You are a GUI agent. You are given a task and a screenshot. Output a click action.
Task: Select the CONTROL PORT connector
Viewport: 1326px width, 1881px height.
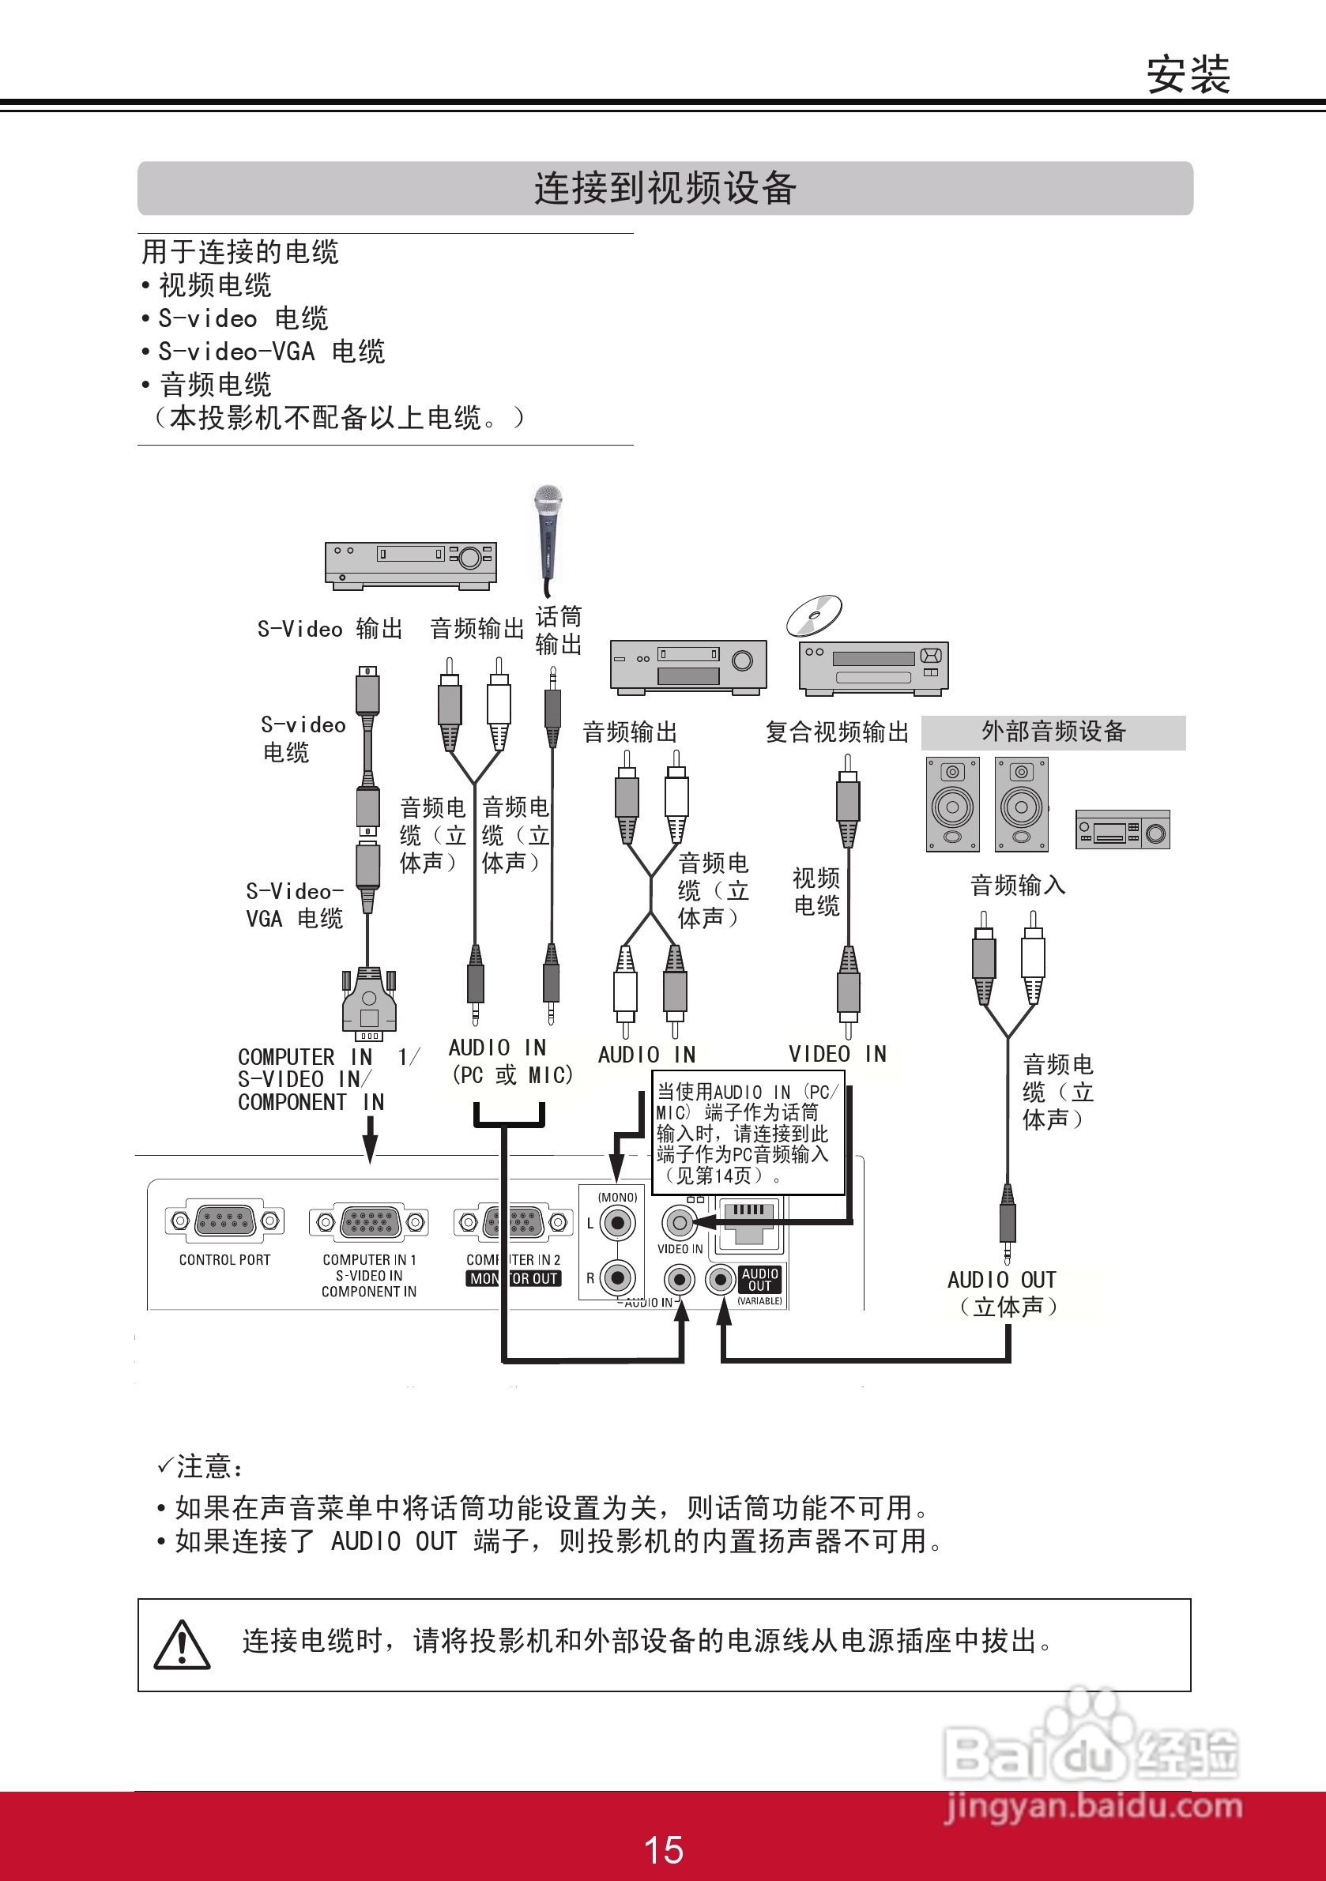coord(224,1221)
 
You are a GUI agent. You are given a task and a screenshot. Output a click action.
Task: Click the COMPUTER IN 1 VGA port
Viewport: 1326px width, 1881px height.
coord(369,1222)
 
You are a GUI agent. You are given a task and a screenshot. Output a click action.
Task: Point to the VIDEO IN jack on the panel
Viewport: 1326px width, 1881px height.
coord(679,1223)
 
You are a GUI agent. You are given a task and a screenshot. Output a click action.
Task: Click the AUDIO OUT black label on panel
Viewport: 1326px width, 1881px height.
coord(759,1279)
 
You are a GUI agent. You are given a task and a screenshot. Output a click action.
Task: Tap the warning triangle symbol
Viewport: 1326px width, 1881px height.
coord(182,1644)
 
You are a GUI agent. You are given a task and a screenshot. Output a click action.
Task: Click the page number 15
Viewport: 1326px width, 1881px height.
coord(663,1849)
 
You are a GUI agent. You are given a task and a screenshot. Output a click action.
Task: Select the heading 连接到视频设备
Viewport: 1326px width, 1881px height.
coord(665,189)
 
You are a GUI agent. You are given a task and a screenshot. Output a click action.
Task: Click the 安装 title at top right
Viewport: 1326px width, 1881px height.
coord(1188,75)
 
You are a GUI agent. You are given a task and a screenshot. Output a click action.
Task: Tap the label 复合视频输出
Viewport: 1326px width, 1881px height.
coord(837,732)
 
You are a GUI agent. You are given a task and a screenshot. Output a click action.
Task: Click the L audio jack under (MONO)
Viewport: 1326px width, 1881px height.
coord(617,1224)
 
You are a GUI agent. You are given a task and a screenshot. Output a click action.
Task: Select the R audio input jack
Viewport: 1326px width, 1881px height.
coord(617,1277)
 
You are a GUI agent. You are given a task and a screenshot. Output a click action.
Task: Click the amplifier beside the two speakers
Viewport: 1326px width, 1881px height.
coord(1122,830)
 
